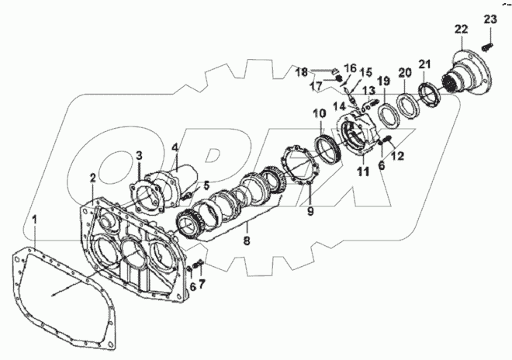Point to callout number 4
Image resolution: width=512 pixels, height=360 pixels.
coord(175,146)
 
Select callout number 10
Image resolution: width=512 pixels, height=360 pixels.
coord(320,115)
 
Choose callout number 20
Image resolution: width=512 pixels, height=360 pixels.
coord(403,72)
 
